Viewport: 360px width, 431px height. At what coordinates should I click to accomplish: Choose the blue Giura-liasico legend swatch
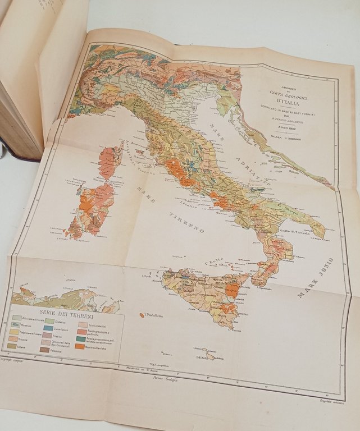[49, 332]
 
